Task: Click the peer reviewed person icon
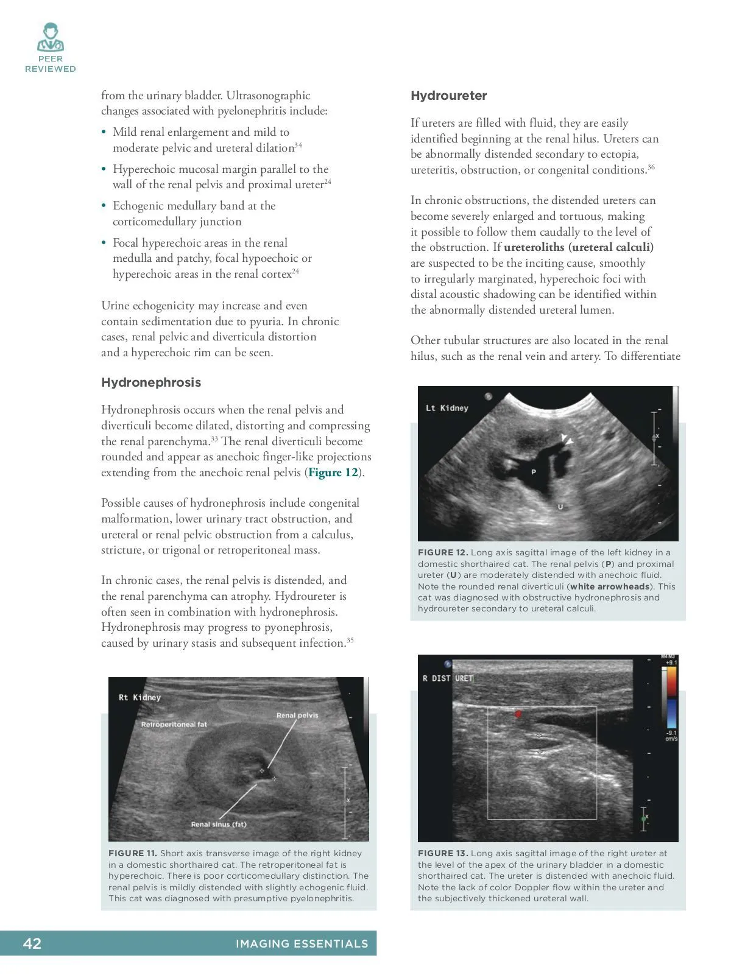point(50,38)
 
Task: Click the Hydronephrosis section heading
point(151,382)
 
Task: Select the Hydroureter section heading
point(448,96)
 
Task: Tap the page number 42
point(32,943)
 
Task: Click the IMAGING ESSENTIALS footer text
point(302,944)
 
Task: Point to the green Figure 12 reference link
point(333,473)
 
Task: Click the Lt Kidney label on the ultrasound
point(447,408)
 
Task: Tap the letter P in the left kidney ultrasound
point(534,472)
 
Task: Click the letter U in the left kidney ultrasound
point(560,507)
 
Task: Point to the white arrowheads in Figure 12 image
point(567,440)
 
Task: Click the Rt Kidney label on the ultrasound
point(139,697)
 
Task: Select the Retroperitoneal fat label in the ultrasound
point(174,725)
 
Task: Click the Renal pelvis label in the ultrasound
point(297,716)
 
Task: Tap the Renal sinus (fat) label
point(219,825)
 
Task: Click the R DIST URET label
point(447,678)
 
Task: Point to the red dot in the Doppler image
point(518,714)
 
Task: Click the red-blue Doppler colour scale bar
point(671,697)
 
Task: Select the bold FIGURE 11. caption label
point(133,853)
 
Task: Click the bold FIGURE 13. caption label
point(443,853)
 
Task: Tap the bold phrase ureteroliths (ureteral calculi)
point(579,247)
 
